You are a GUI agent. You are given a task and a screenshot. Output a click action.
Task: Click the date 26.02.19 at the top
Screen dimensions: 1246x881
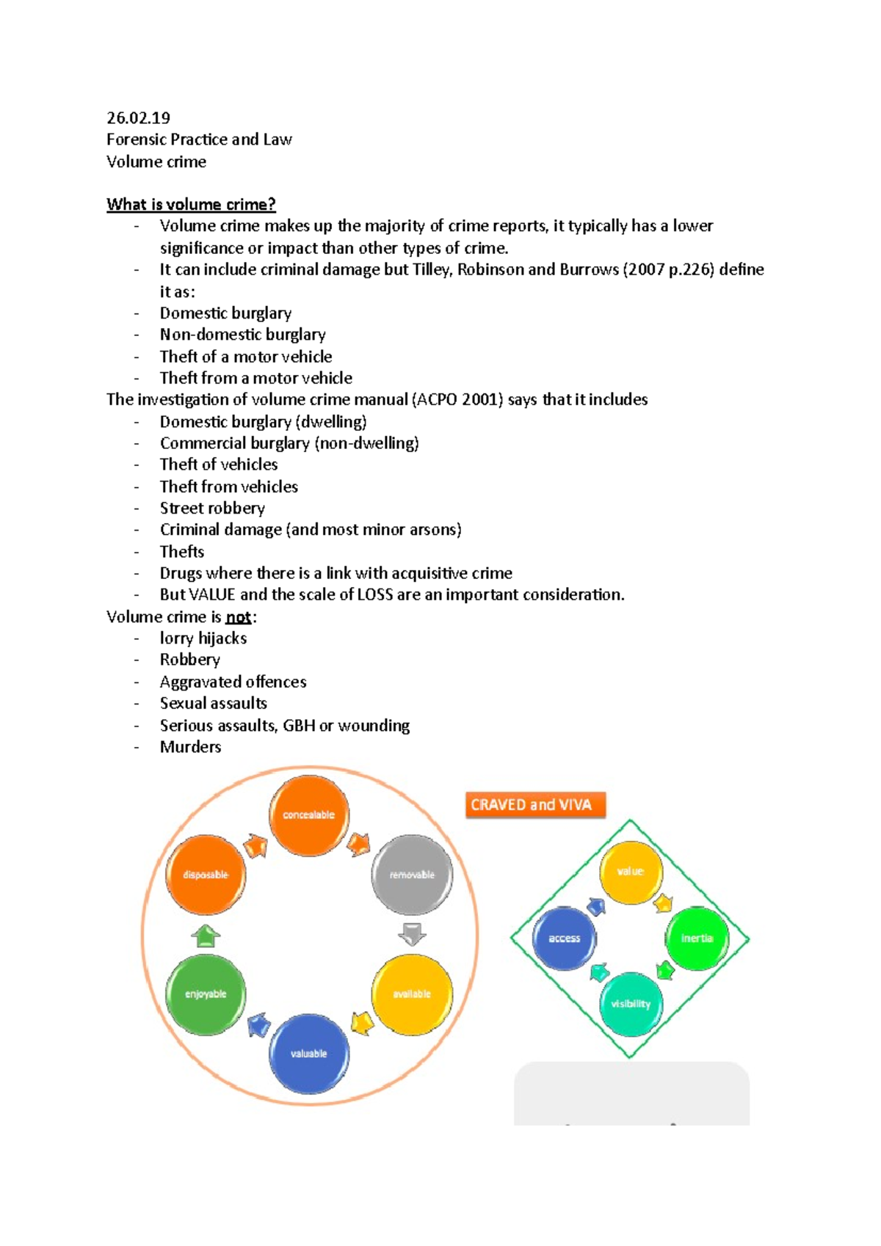pos(138,117)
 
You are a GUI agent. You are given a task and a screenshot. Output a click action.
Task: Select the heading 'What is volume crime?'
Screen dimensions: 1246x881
pos(191,204)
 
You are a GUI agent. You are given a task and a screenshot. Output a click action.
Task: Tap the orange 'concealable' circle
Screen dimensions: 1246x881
pos(309,815)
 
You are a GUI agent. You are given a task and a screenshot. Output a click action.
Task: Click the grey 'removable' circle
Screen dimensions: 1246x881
pos(412,875)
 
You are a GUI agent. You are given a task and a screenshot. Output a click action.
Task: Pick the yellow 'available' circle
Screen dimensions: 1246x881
pos(412,994)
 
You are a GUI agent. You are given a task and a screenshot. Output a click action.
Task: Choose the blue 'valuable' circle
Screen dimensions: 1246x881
pos(309,1054)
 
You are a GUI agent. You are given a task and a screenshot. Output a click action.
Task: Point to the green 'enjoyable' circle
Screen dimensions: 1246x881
pos(206,994)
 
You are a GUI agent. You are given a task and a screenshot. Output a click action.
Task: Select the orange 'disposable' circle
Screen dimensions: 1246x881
pos(206,875)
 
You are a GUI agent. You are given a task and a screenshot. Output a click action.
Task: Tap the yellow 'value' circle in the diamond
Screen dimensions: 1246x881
pos(631,872)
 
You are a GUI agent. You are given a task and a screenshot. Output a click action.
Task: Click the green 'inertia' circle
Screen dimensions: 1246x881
pos(697,938)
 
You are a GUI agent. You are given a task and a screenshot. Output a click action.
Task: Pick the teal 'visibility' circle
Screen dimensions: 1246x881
pos(631,1004)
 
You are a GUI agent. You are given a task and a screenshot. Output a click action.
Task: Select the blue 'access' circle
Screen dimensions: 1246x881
pos(565,938)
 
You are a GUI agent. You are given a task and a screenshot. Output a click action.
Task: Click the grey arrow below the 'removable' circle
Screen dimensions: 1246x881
pos(412,934)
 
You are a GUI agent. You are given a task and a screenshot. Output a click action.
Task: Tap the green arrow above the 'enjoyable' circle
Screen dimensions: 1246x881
pos(206,936)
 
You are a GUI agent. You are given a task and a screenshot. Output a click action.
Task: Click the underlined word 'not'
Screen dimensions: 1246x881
pos(239,617)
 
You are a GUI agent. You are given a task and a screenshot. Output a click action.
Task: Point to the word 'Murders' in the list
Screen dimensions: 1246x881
pos(190,747)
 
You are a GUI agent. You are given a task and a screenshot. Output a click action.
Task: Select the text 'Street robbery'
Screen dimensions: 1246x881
pos(212,508)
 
